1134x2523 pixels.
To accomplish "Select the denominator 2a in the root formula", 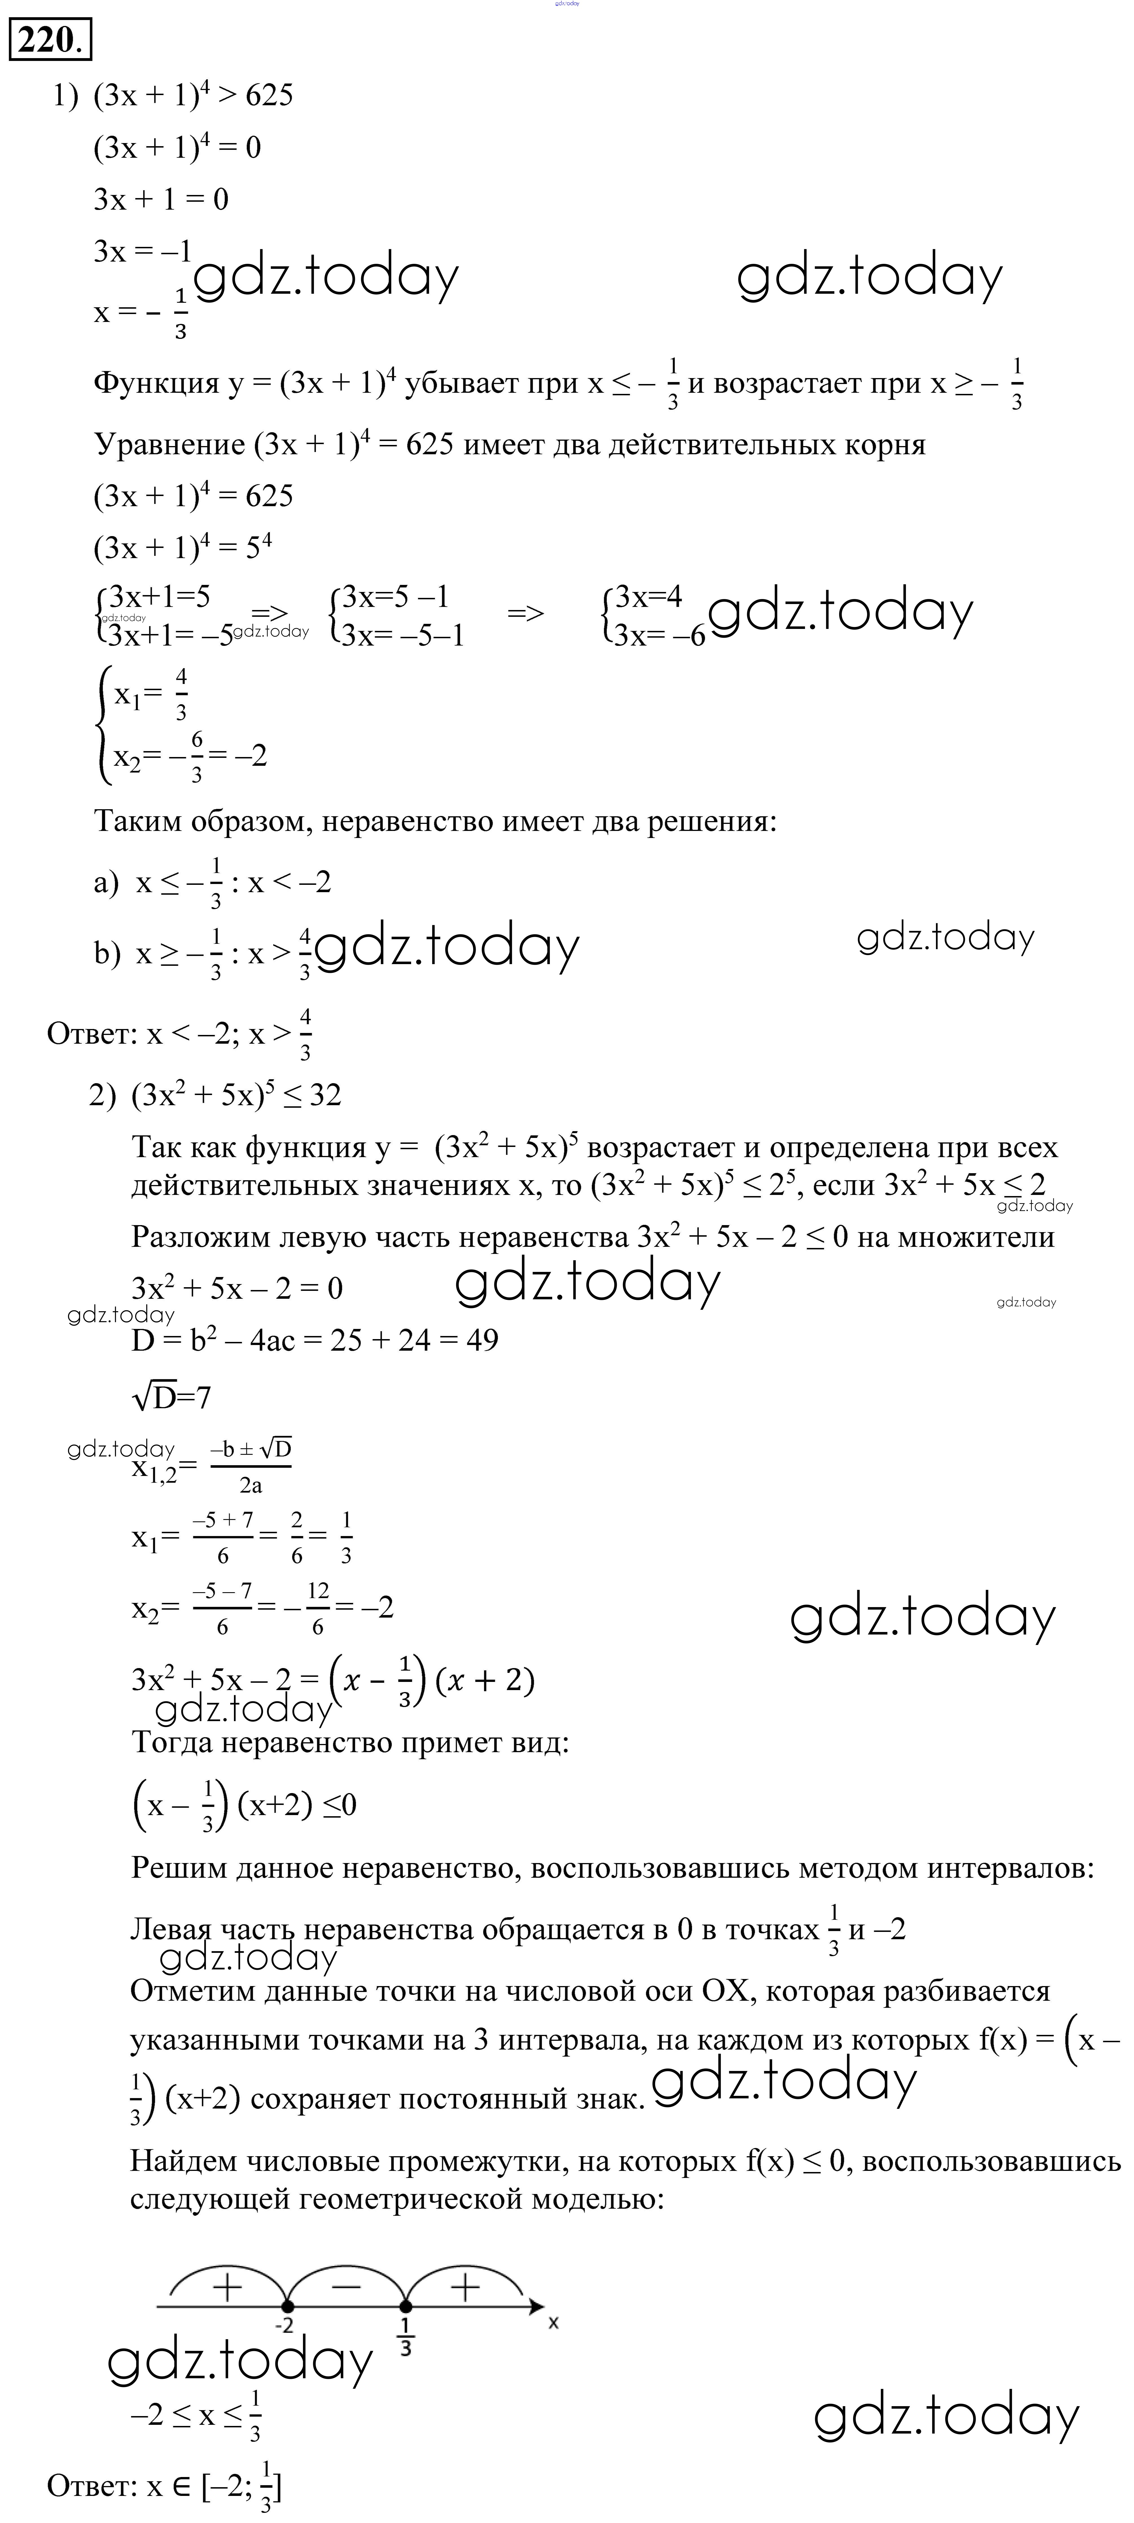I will (x=251, y=1486).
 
